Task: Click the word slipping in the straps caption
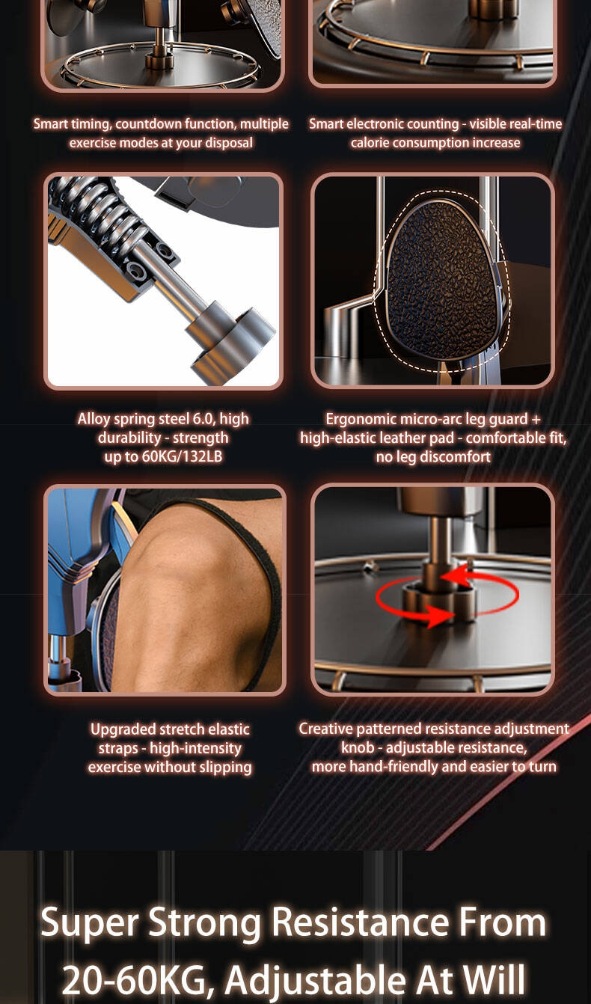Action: [x=225, y=768]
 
